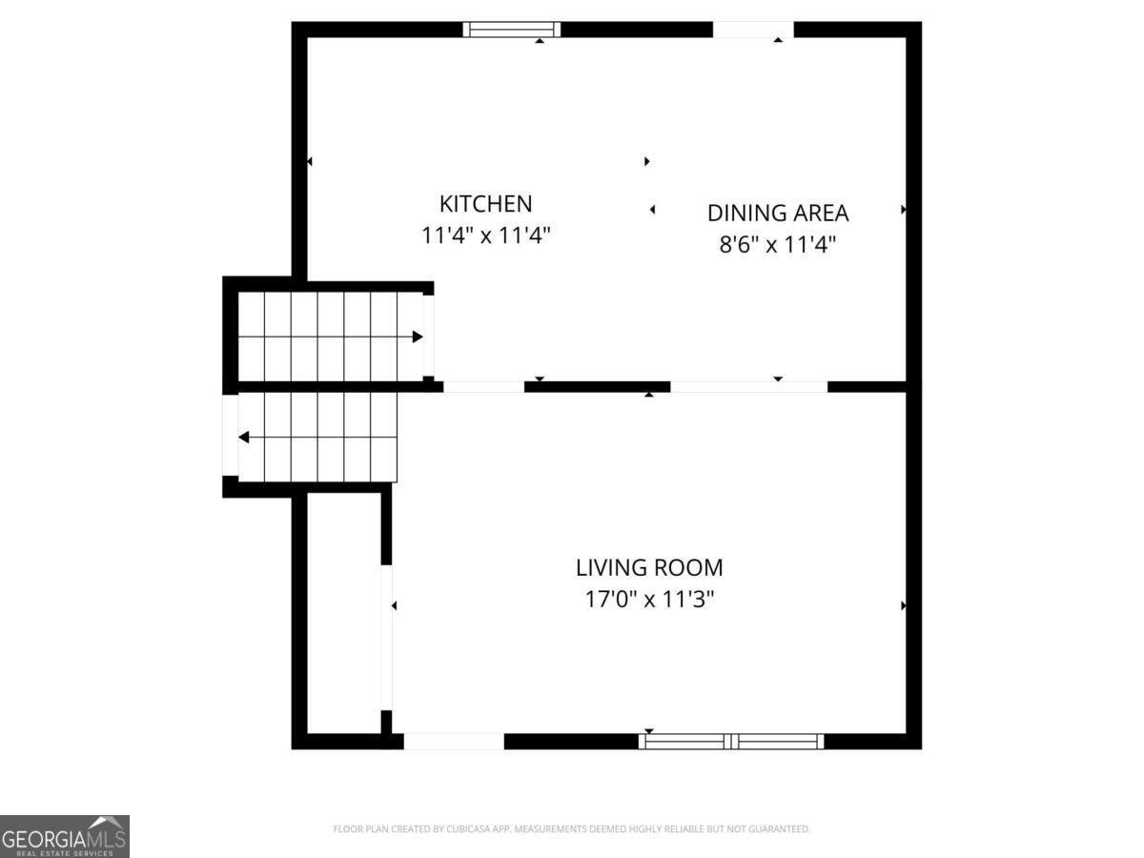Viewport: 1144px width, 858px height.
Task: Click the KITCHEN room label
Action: tap(485, 203)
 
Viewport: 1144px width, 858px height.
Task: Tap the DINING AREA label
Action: tap(777, 213)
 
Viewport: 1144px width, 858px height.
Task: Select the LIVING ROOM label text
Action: tap(649, 568)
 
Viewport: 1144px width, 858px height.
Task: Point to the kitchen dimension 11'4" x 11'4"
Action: tap(485, 235)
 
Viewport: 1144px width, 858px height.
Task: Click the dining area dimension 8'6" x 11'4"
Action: tap(777, 244)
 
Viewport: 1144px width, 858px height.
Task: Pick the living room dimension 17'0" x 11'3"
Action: tap(649, 600)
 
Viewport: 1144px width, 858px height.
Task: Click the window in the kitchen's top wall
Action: tap(512, 30)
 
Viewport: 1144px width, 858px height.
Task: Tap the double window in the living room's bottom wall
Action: tap(731, 741)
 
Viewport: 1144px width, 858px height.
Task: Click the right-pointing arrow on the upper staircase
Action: tap(417, 337)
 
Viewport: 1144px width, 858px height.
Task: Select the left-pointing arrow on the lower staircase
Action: tap(244, 438)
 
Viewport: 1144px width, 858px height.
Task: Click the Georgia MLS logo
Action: tap(64, 835)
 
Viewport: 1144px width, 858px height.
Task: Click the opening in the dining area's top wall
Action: tap(753, 30)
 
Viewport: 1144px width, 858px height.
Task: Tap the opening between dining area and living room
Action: tap(749, 387)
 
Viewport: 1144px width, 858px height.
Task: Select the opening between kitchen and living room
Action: tap(483, 387)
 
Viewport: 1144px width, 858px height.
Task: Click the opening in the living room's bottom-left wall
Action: tap(454, 741)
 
